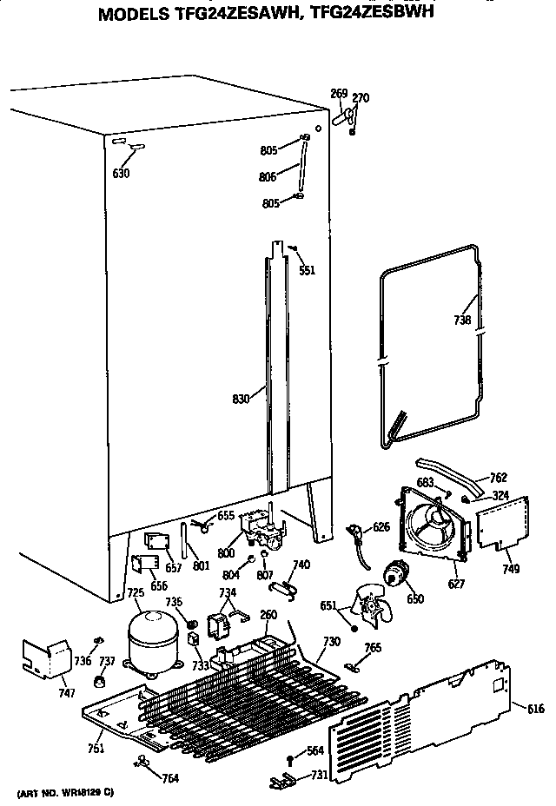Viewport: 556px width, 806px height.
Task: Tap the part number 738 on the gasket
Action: click(x=462, y=320)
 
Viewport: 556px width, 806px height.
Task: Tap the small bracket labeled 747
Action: click(x=48, y=658)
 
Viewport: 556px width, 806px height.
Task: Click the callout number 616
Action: click(x=535, y=710)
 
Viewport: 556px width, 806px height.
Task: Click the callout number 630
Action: click(x=121, y=174)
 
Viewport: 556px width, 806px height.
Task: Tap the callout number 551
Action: click(x=307, y=270)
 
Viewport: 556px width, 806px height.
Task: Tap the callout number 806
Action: click(x=268, y=177)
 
